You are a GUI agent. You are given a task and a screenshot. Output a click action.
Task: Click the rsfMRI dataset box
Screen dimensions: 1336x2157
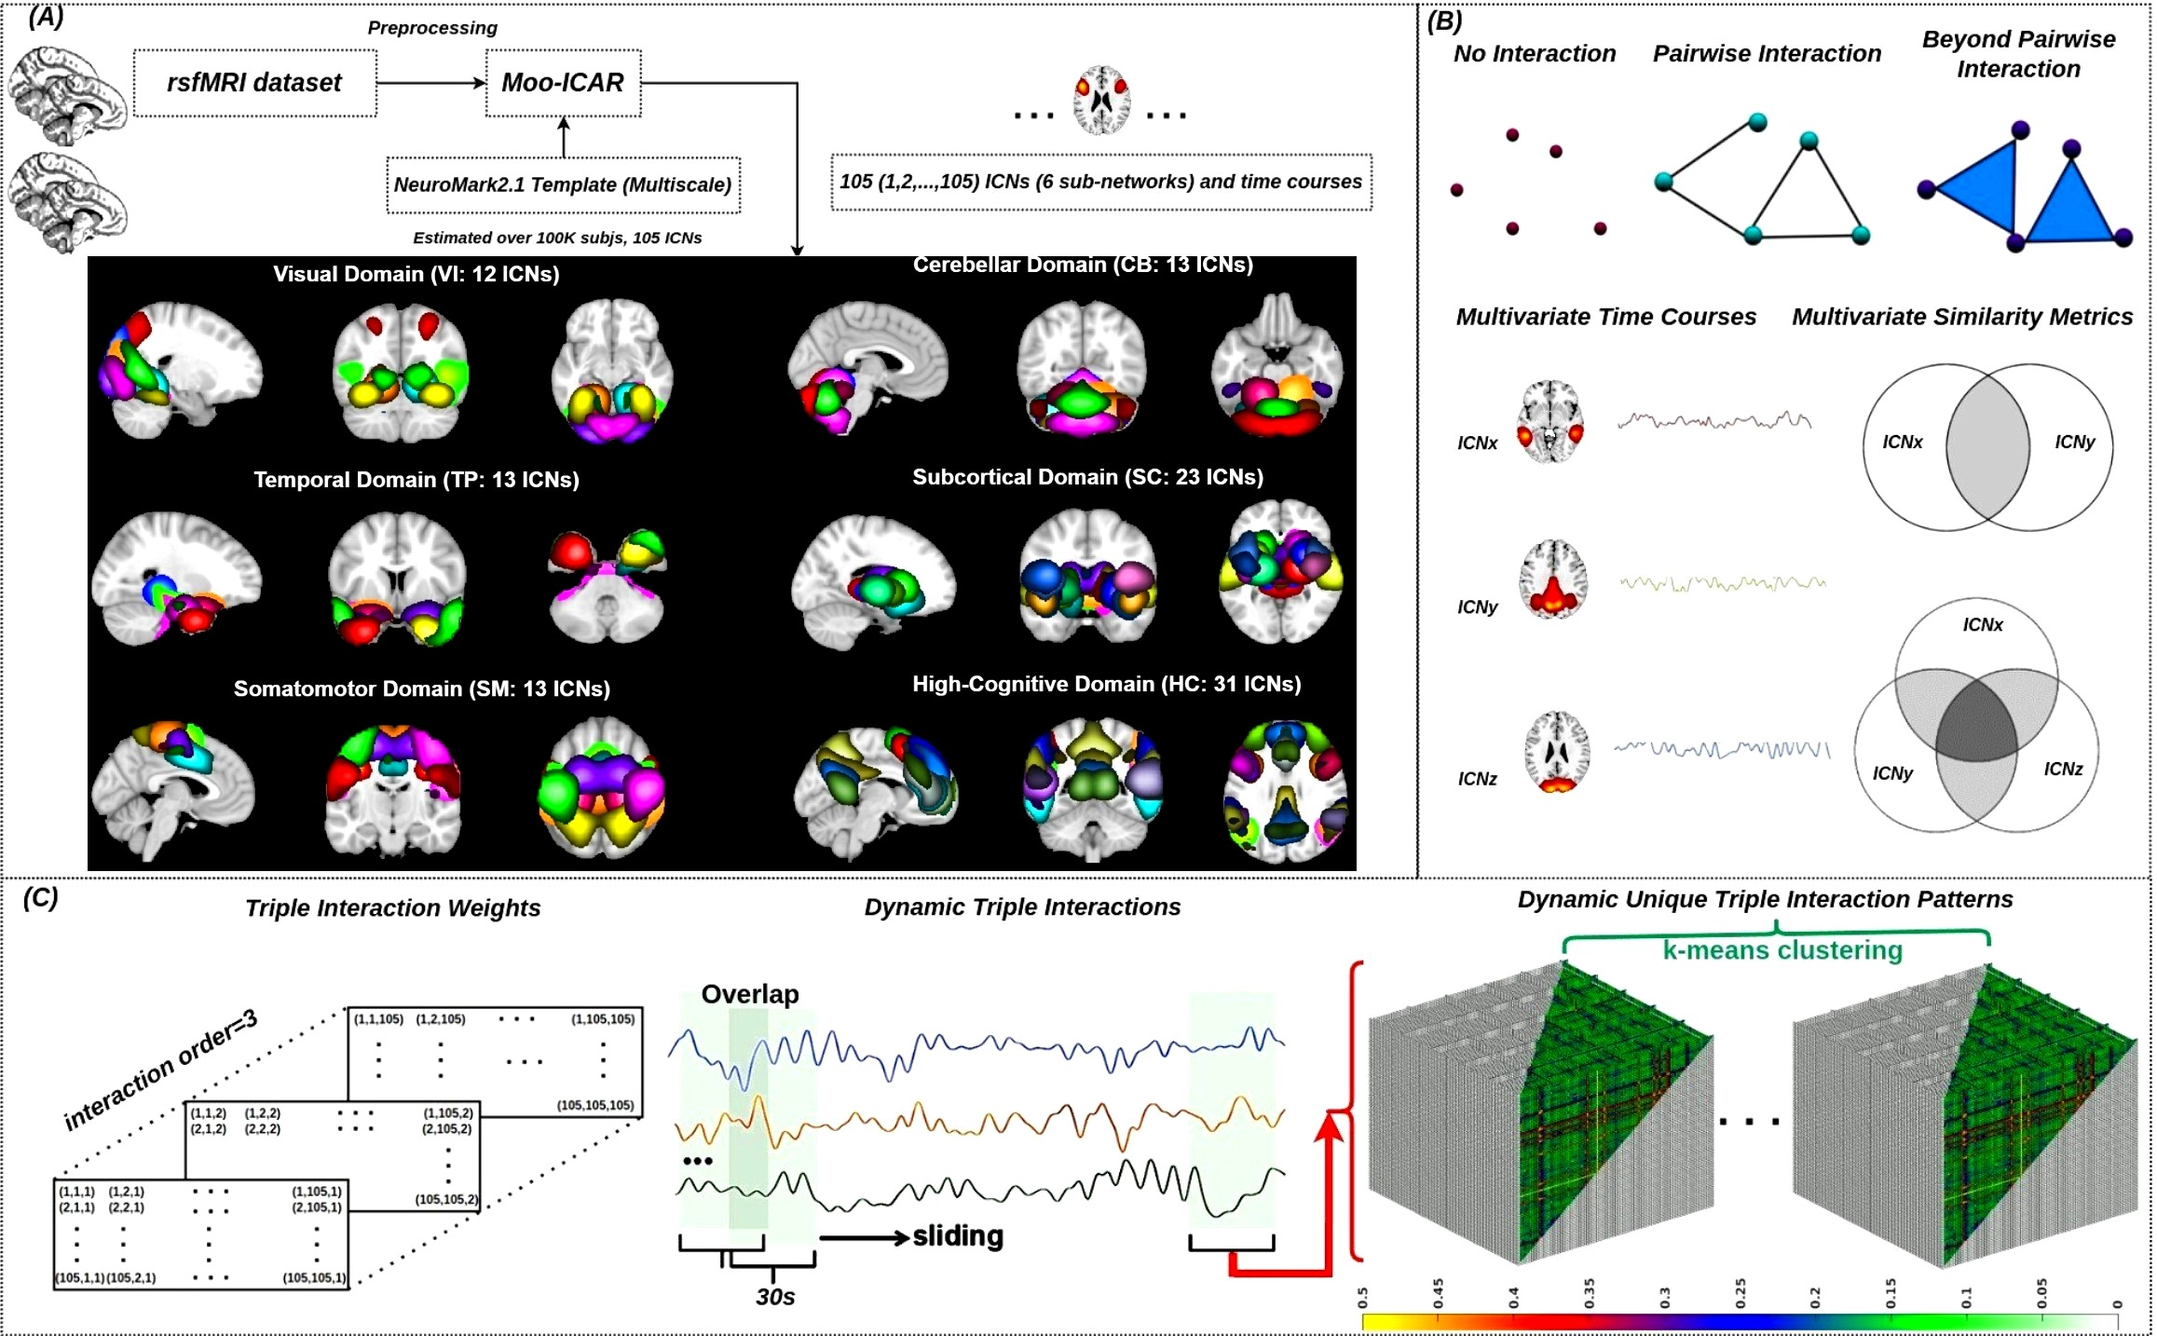click(x=254, y=83)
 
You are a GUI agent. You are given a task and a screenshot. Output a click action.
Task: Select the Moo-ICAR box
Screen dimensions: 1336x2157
click(x=563, y=83)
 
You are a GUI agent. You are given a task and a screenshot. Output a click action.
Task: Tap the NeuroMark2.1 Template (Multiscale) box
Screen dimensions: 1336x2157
click(x=563, y=184)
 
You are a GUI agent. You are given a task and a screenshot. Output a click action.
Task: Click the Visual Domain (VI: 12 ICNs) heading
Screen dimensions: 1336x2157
click(x=416, y=274)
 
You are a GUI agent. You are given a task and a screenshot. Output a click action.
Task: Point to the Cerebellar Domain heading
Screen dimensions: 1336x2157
click(x=1082, y=265)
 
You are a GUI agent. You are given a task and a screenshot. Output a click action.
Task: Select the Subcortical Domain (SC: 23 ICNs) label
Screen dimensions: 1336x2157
click(x=1087, y=477)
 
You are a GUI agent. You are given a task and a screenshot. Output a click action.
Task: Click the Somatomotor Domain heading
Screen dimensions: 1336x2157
click(x=421, y=688)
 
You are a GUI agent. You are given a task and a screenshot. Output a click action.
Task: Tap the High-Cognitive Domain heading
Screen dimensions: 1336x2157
click(x=1106, y=684)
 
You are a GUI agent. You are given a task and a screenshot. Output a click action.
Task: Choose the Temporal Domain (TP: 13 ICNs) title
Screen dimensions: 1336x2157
click(x=416, y=480)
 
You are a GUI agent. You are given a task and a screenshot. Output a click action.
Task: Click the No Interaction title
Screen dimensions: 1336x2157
click(x=1534, y=54)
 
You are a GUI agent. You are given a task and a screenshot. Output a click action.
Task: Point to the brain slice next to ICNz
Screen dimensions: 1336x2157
click(x=1556, y=751)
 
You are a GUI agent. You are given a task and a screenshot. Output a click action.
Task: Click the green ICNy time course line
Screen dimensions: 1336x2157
click(x=1722, y=584)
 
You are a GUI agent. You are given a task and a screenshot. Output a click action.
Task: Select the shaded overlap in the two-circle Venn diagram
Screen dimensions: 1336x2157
click(x=1987, y=447)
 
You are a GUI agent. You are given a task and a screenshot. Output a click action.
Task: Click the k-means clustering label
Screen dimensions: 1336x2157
click(x=1782, y=950)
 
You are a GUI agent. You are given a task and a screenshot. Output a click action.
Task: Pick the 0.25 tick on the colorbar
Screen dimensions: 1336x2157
click(x=1740, y=1294)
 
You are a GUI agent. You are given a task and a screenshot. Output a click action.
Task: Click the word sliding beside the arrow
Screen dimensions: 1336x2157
click(x=958, y=1236)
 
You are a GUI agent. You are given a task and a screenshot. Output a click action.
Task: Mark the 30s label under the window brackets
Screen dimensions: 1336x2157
click(x=775, y=1297)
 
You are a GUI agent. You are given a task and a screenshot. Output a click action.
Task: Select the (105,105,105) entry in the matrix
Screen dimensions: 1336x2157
click(x=595, y=1105)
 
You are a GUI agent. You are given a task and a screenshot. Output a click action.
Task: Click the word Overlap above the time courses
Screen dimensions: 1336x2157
click(x=750, y=994)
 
